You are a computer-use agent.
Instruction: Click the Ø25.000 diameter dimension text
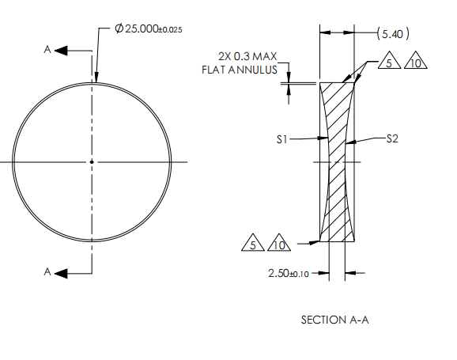click(x=148, y=29)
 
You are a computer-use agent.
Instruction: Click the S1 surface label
click(x=282, y=139)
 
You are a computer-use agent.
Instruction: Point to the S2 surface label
click(x=392, y=139)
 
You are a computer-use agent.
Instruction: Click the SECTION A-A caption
click(x=335, y=320)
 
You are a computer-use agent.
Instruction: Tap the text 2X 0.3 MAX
click(x=247, y=56)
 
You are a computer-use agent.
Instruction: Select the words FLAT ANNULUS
click(x=239, y=69)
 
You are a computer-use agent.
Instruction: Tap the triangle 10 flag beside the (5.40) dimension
click(x=415, y=63)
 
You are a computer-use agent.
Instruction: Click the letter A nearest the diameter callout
click(x=47, y=50)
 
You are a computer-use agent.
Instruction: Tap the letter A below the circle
click(x=47, y=272)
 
